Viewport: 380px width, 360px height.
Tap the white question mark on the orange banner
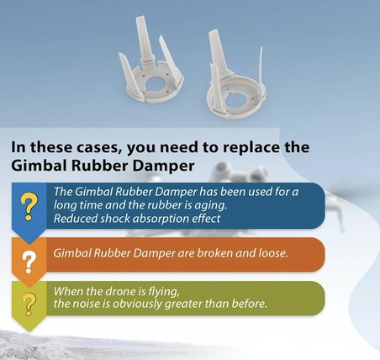(29, 262)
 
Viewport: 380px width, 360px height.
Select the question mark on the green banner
(29, 304)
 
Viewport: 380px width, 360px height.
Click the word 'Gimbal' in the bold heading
(39, 166)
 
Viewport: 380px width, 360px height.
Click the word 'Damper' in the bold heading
(163, 166)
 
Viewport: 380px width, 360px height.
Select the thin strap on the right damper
(261, 70)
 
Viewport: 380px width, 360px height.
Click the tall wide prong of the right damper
(219, 53)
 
